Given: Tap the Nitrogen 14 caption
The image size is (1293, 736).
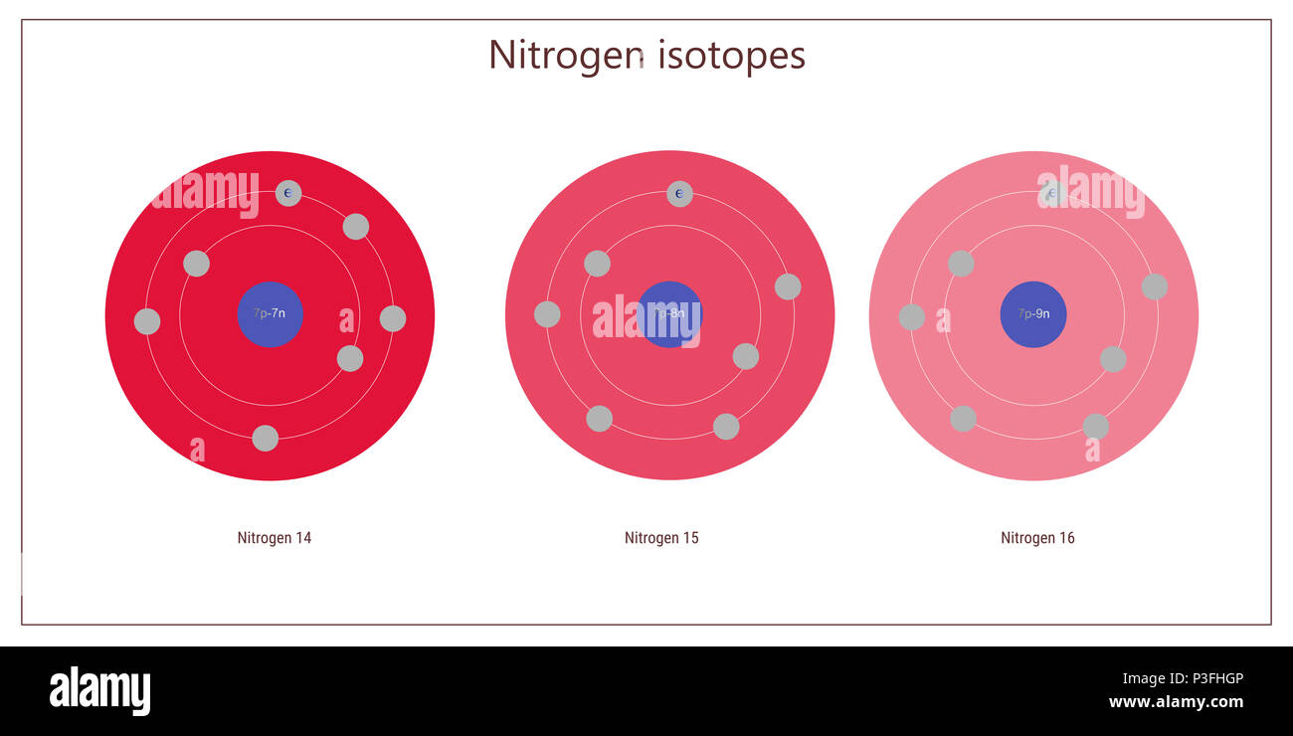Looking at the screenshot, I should (x=275, y=538).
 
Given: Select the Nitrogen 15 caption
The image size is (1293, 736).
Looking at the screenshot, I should (x=661, y=538).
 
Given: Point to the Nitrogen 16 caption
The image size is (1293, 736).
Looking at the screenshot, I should (x=1037, y=538).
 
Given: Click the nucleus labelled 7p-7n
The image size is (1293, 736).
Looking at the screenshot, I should (x=270, y=314).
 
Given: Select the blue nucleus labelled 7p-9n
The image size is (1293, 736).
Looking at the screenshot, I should (x=1033, y=314).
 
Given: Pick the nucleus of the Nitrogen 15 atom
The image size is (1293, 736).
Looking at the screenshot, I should (x=669, y=314).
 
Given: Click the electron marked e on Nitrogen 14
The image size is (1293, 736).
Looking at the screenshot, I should (x=288, y=193).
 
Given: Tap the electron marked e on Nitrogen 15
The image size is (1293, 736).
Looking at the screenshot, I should (x=679, y=194).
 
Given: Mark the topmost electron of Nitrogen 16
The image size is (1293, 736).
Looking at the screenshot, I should (x=1051, y=194).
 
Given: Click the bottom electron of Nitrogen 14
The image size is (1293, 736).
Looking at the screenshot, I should (x=265, y=438).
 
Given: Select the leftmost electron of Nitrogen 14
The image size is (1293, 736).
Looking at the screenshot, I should (x=147, y=321).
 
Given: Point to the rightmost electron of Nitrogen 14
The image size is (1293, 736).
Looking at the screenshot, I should (x=393, y=318).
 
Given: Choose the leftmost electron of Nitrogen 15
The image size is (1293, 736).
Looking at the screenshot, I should (x=547, y=314).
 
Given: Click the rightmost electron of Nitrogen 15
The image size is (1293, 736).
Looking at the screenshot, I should (x=788, y=286).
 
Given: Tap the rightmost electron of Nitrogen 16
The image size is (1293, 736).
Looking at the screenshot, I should (x=1154, y=286).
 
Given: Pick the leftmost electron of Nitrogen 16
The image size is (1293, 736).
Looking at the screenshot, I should (x=911, y=317).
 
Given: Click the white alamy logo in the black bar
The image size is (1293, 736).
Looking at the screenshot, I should (x=99, y=691).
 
